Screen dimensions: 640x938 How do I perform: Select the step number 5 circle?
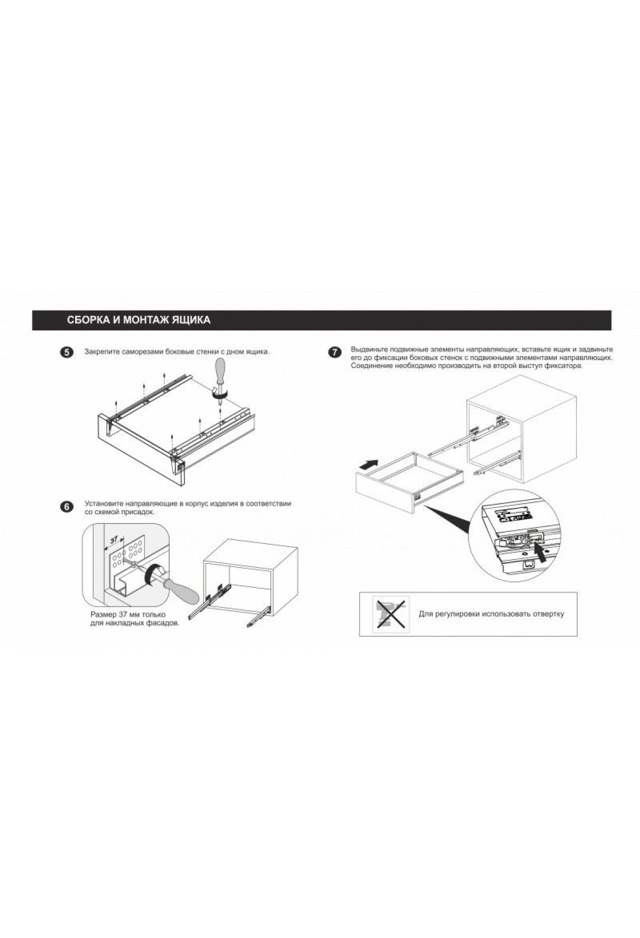pyautogui.click(x=67, y=353)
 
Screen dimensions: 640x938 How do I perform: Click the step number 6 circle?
pyautogui.click(x=67, y=507)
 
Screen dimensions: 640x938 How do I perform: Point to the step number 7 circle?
pyautogui.click(x=334, y=353)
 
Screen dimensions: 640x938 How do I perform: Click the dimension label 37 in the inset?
pyautogui.click(x=114, y=540)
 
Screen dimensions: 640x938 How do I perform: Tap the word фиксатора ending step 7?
pyautogui.click(x=564, y=367)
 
